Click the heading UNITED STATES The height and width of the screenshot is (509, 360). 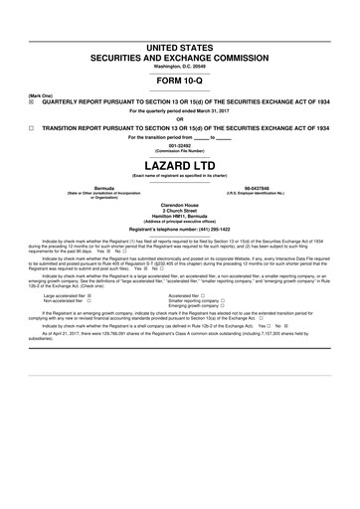coord(179,47)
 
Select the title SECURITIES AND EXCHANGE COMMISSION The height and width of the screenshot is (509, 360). coord(179,58)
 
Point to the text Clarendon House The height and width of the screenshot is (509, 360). coord(179,202)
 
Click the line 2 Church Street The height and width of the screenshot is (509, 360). coord(179,208)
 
